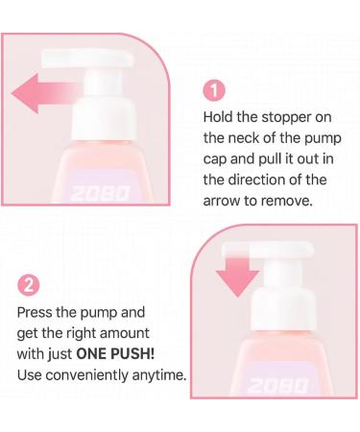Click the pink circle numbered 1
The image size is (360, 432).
coord(216,91)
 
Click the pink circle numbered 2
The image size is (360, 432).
coord(30,286)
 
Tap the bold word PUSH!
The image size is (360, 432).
coord(144,353)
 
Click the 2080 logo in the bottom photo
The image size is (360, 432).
coord(275,385)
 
